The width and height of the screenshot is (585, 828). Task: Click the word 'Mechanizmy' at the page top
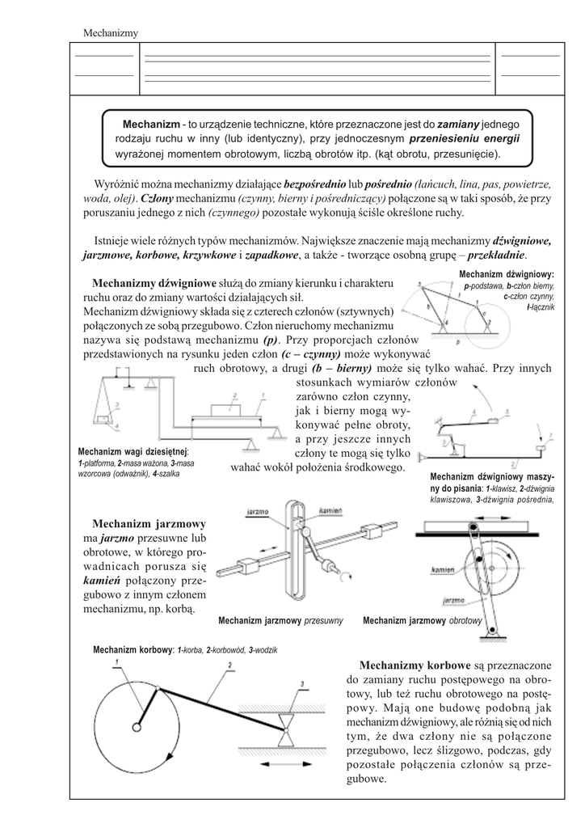(111, 32)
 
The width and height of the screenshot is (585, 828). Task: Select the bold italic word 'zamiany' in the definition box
(458, 124)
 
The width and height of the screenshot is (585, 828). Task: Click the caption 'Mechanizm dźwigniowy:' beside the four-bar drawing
(506, 274)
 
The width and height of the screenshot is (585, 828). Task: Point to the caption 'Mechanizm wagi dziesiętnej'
(132, 451)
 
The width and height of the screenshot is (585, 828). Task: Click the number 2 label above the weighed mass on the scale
(233, 394)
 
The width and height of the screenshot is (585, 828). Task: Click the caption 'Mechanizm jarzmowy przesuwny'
(281, 621)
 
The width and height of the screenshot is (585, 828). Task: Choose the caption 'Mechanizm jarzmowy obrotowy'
(423, 621)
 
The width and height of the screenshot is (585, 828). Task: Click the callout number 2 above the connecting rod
(230, 665)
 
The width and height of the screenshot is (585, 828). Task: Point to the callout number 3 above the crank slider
(301, 684)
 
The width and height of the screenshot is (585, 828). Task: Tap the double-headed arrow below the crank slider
(289, 763)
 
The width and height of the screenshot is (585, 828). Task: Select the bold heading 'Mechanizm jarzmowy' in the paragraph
(149, 523)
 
